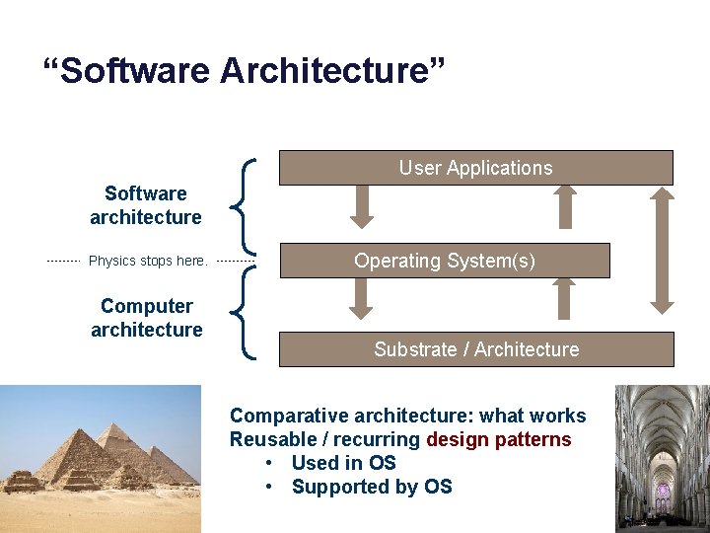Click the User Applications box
[x=475, y=168]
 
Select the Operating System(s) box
[x=445, y=261]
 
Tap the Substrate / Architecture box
[x=476, y=349]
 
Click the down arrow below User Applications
[x=362, y=205]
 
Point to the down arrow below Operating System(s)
[x=362, y=296]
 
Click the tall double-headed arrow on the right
[x=663, y=251]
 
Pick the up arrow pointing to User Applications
[x=565, y=205]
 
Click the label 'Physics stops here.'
[x=148, y=262]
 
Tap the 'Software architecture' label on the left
[x=146, y=205]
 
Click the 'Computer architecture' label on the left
[x=146, y=318]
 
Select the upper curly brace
[x=247, y=205]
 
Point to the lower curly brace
[x=247, y=314]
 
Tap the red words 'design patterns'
[x=499, y=439]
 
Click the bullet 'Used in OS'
[x=343, y=463]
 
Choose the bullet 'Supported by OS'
[x=372, y=487]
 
